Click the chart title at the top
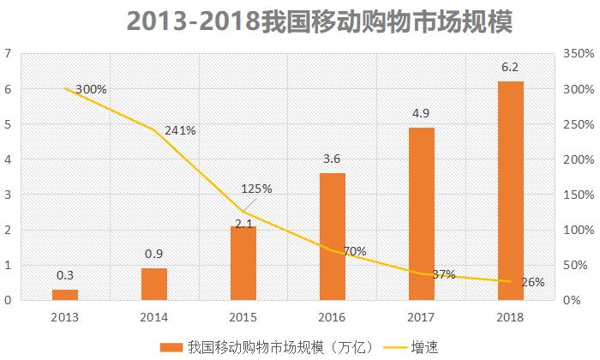319,21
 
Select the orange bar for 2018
510,190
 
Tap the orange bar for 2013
64,294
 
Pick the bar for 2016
333,237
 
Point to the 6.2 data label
510,69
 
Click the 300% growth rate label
91,89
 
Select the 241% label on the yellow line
180,131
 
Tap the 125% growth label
255,189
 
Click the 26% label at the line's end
532,281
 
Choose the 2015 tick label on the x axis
243,316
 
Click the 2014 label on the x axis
153,316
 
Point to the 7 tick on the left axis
8,54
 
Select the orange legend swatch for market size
170,346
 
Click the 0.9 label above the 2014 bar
153,255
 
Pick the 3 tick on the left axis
8,195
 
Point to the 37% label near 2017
443,273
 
